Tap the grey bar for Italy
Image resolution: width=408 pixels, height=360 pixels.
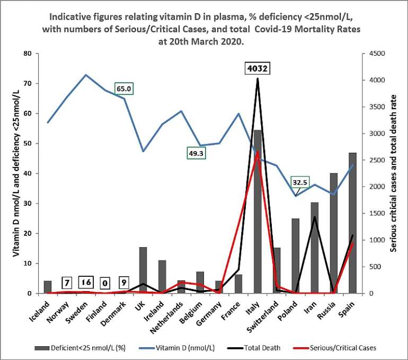(x=258, y=212)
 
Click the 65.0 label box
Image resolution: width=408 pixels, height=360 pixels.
(x=124, y=90)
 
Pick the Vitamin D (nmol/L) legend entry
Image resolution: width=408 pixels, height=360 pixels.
(x=188, y=348)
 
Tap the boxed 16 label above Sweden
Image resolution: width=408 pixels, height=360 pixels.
(x=86, y=282)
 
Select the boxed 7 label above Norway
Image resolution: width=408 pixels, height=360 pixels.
(x=67, y=283)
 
